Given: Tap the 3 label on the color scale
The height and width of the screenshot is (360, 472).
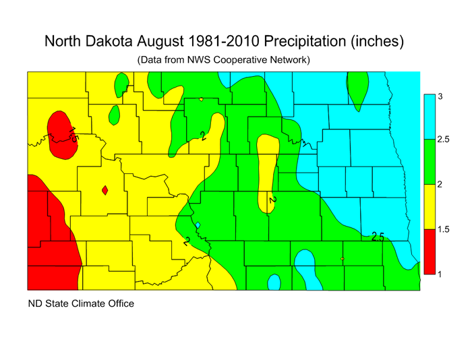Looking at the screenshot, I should (440, 96).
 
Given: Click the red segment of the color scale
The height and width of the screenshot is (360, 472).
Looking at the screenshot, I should (428, 252).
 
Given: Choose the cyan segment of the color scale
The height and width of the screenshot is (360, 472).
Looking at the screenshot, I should (428, 117).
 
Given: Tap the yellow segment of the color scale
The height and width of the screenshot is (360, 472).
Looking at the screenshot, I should (428, 207).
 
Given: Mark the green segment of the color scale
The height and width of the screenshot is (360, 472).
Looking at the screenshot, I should (428, 162).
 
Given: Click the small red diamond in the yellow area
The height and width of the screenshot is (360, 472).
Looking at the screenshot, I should (105, 191).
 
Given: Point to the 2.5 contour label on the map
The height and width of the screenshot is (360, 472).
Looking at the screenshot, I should (378, 237).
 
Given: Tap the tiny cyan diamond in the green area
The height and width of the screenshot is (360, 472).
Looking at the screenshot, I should (198, 225).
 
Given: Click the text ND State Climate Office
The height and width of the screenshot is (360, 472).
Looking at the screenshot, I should (81, 303).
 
